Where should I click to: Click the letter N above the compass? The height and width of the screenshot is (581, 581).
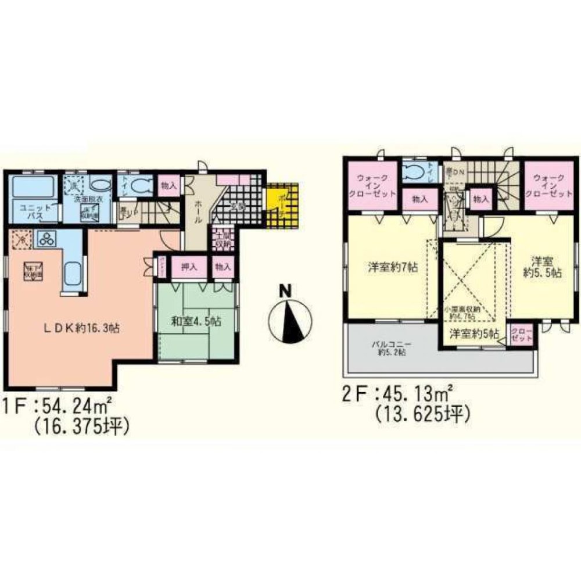285,291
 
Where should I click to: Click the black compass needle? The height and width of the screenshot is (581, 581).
289,322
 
